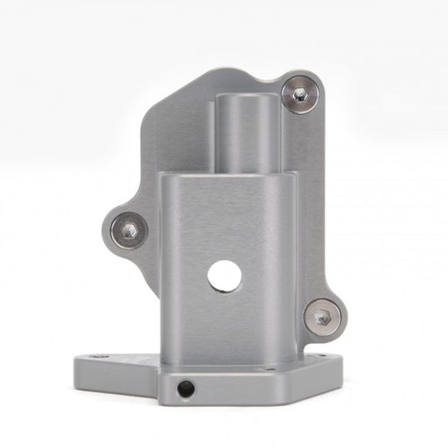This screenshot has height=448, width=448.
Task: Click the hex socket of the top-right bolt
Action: click(x=300, y=94)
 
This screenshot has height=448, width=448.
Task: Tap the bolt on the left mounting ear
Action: click(x=129, y=230)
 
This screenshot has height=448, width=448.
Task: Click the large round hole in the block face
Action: click(x=224, y=276)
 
